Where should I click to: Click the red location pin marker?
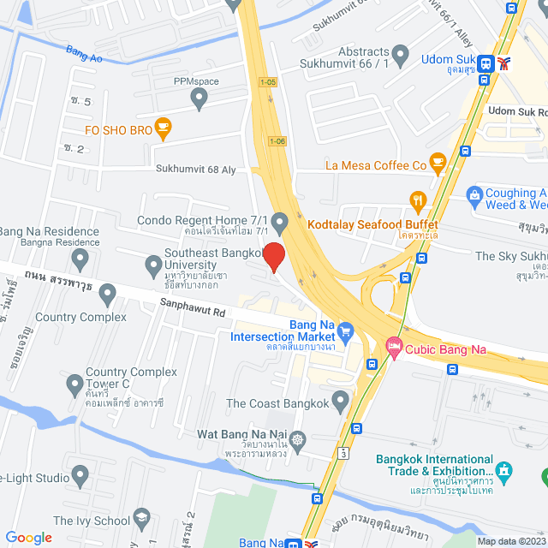[x=273, y=257]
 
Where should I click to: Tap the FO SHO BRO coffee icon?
[x=164, y=129]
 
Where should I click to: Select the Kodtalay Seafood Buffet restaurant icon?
[x=418, y=203]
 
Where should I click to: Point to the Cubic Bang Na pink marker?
[x=393, y=348]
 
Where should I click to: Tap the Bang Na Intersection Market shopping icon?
[x=345, y=330]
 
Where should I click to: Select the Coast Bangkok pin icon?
[x=341, y=402]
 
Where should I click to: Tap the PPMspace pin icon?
[x=200, y=100]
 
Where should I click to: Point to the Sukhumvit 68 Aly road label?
[x=195, y=170]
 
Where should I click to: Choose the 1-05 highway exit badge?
[x=269, y=82]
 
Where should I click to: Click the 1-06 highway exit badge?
[x=277, y=141]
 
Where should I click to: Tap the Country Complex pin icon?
[x=108, y=295]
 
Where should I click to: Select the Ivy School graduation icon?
[x=141, y=519]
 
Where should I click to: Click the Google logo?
[x=28, y=538]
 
